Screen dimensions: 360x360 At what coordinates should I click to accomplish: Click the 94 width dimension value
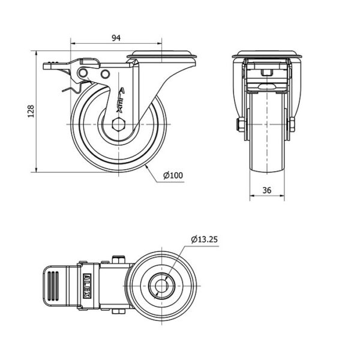(116, 38)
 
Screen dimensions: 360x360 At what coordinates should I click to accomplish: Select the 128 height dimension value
(31, 112)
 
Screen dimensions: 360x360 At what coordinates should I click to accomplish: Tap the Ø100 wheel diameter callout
(173, 175)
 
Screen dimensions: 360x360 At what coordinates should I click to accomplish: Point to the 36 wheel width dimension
(267, 190)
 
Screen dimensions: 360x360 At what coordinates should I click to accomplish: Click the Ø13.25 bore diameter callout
(204, 239)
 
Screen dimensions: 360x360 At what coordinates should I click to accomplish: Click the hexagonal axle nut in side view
(118, 124)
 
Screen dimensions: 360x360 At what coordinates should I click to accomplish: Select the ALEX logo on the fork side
(120, 100)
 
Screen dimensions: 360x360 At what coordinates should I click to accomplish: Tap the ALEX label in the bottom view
(87, 286)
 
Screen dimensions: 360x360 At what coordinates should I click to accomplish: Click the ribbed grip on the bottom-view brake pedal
(53, 286)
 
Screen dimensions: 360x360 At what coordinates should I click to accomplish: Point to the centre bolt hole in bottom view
(162, 286)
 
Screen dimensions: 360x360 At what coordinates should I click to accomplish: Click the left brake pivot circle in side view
(83, 73)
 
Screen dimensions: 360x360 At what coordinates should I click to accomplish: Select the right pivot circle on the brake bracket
(105, 74)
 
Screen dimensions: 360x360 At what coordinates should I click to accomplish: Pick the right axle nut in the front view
(292, 124)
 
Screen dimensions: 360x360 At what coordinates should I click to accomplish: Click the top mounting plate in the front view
(267, 55)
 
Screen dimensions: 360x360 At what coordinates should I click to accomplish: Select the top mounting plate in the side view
(161, 55)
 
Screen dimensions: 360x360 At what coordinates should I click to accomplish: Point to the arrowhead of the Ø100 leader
(146, 166)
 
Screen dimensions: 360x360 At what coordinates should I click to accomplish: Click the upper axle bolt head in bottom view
(118, 259)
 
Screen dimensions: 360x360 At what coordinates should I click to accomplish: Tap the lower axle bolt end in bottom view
(118, 311)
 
